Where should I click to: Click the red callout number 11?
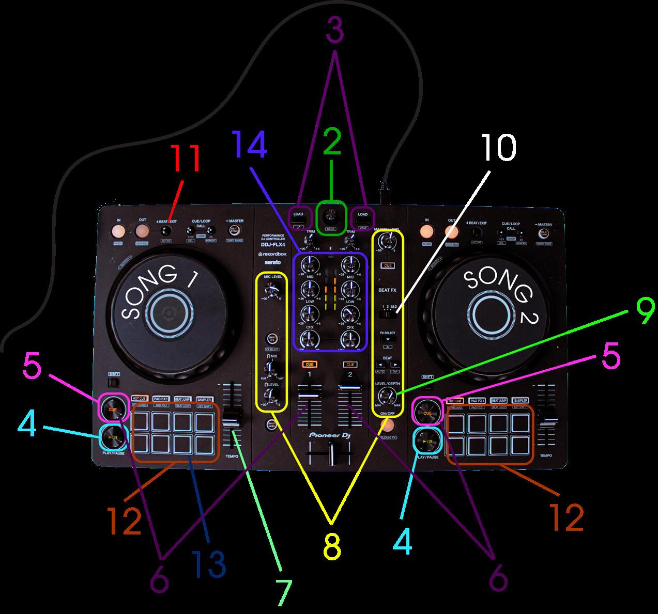[x=185, y=160]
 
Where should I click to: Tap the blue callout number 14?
[x=250, y=146]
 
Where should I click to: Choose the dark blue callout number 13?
[x=208, y=564]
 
